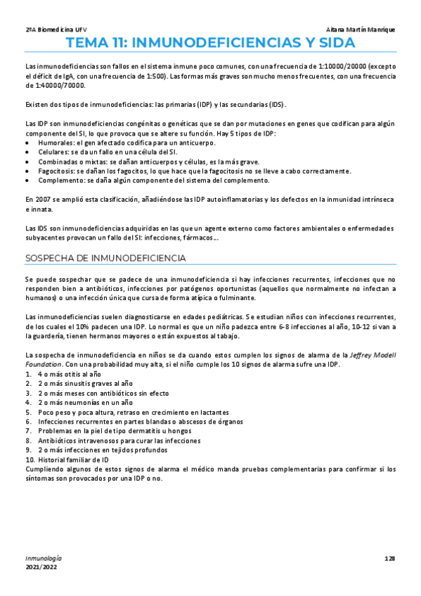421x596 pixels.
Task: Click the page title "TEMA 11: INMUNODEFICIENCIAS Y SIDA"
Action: [x=210, y=44]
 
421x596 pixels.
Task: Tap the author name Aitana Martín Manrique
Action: [x=361, y=30]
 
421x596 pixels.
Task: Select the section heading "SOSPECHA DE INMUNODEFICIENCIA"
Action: [x=105, y=258]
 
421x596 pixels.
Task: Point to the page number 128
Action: [x=391, y=558]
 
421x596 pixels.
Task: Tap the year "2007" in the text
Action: [x=42, y=200]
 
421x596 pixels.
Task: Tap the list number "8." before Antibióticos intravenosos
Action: [x=28, y=441]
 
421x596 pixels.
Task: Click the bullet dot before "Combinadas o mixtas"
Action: [x=27, y=161]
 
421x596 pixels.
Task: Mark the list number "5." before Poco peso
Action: [x=28, y=412]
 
